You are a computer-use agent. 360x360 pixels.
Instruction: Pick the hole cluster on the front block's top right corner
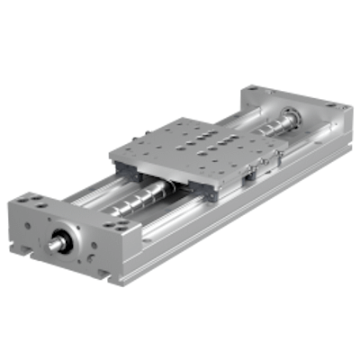112,226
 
